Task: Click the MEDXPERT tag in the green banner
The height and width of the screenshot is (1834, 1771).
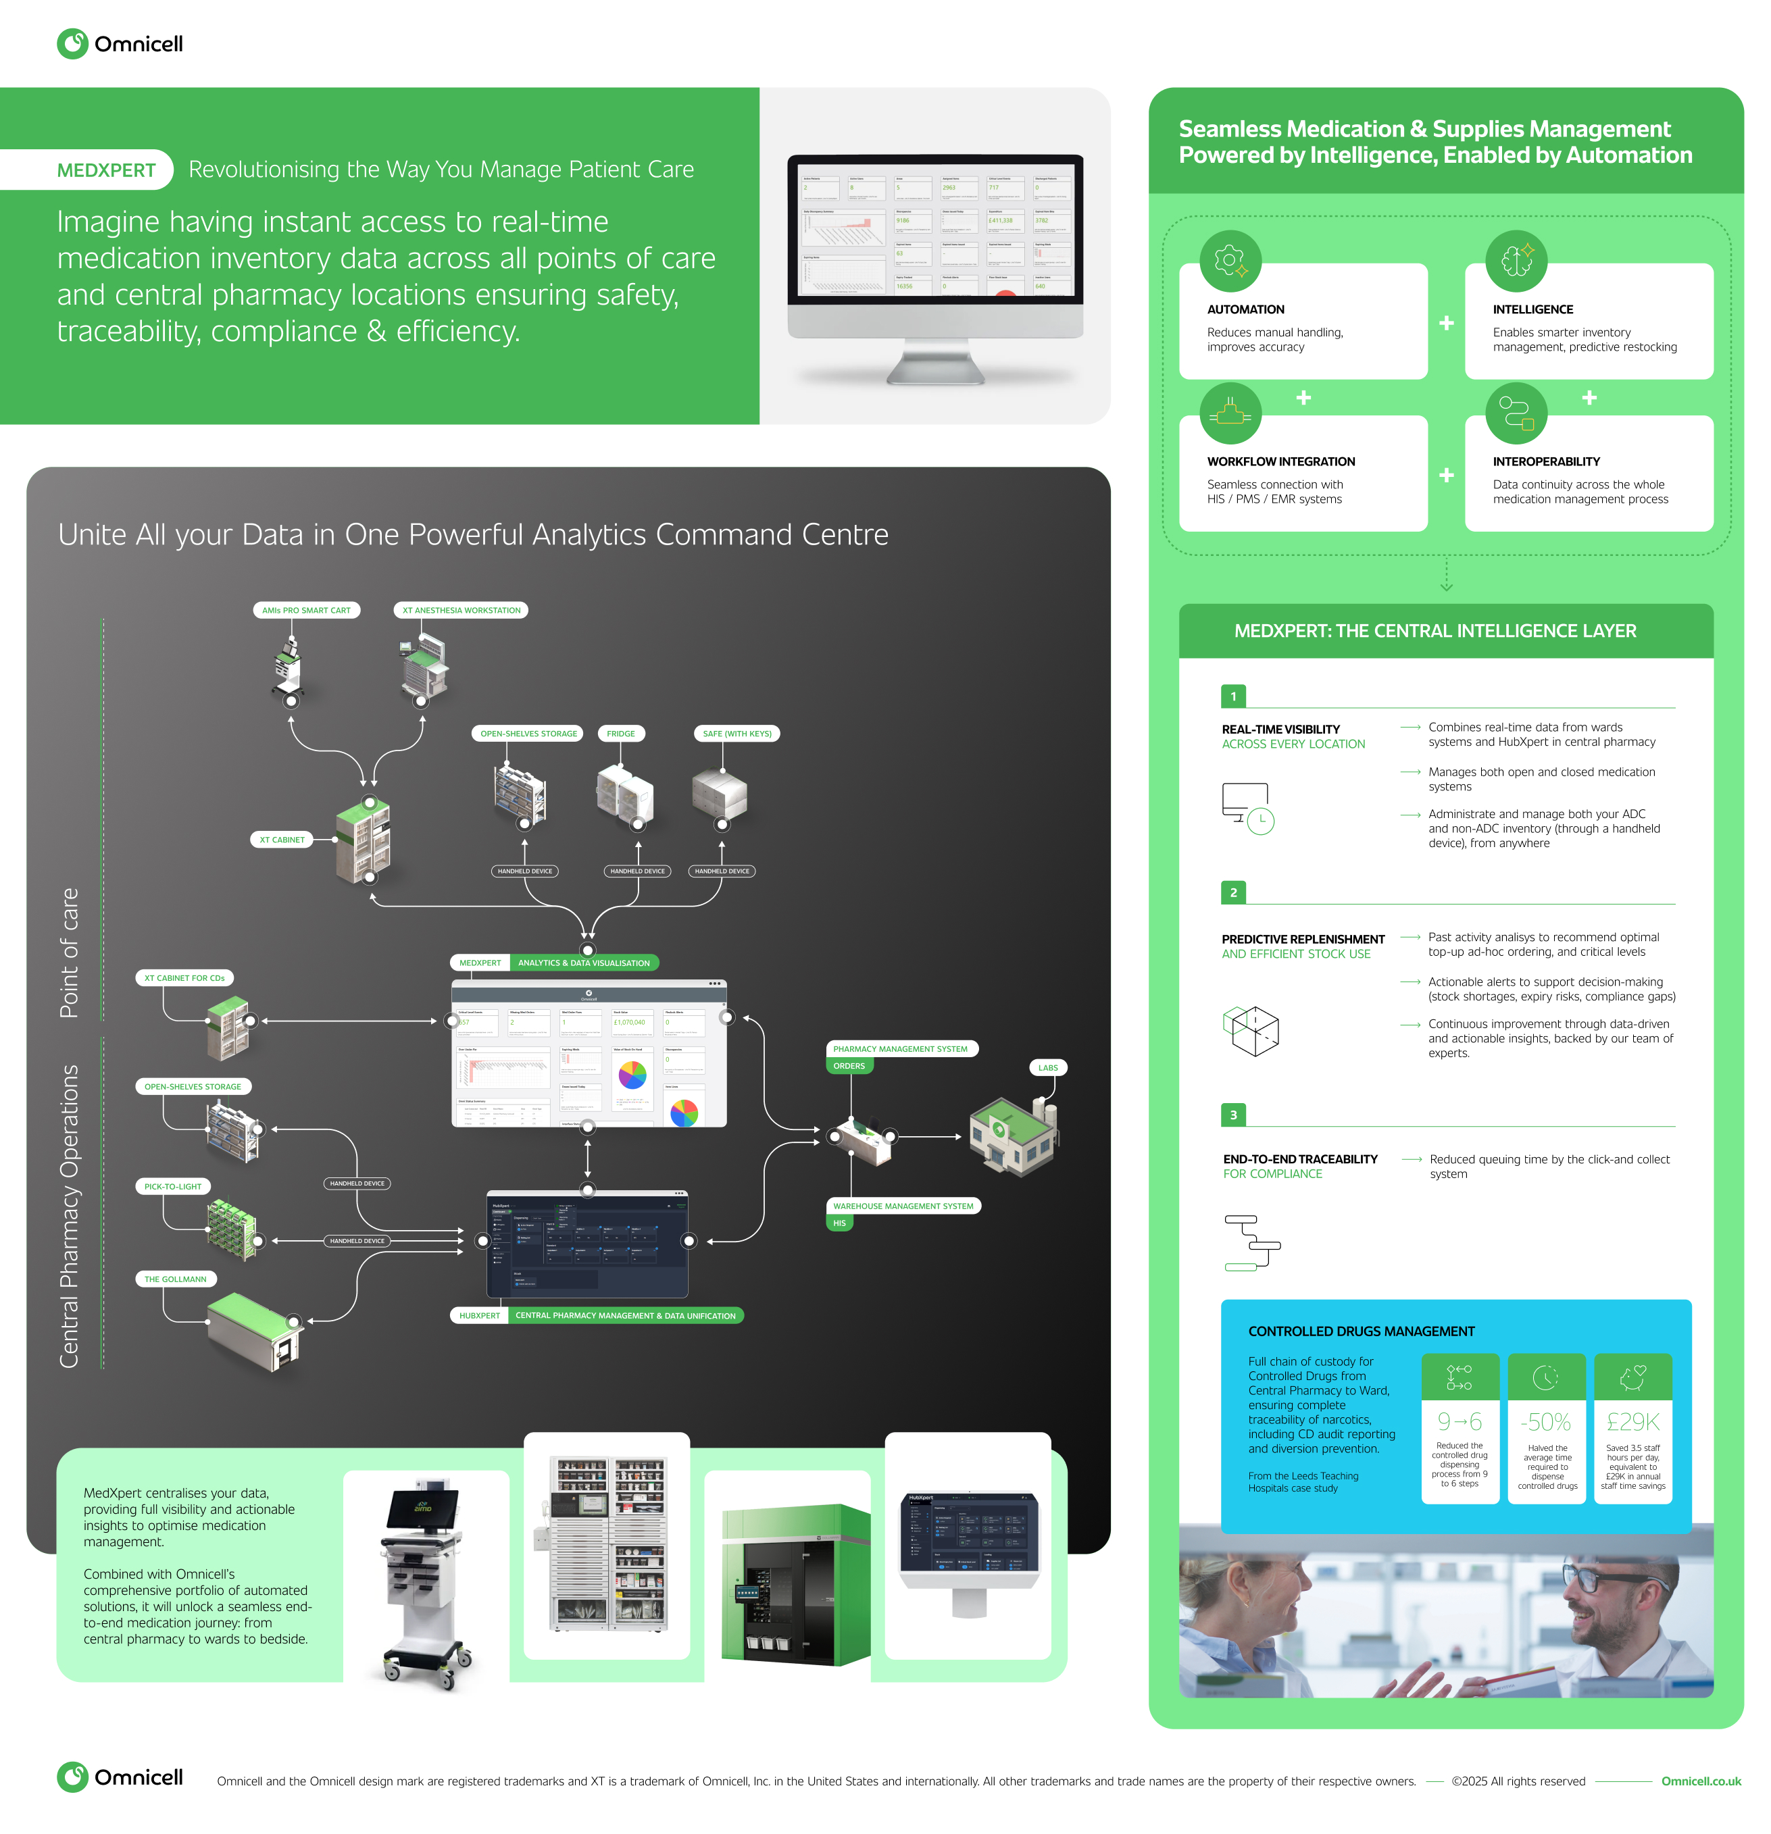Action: click(106, 170)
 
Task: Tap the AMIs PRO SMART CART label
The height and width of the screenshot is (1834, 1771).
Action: click(306, 610)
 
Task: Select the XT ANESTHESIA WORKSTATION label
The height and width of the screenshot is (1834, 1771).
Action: click(461, 610)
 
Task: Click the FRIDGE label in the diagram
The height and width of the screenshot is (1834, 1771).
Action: click(620, 734)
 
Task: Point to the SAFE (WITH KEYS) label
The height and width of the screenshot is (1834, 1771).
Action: click(737, 734)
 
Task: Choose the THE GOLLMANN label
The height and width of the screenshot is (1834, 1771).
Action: click(175, 1279)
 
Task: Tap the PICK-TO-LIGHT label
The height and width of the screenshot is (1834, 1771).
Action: click(172, 1186)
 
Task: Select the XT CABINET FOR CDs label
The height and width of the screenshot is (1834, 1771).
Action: click(184, 978)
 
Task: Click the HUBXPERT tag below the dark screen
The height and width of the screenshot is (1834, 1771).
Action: click(479, 1316)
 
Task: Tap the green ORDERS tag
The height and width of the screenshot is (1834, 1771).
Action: click(848, 1066)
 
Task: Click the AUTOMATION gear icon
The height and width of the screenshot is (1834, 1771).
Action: click(1230, 260)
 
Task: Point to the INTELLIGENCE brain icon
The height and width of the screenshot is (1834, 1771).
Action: click(1516, 260)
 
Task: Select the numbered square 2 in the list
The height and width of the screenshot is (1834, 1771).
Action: click(1232, 892)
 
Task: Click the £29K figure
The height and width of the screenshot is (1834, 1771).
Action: click(1632, 1423)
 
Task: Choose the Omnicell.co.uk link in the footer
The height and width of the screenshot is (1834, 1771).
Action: click(1700, 1781)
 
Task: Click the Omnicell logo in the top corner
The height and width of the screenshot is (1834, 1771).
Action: click(120, 44)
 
